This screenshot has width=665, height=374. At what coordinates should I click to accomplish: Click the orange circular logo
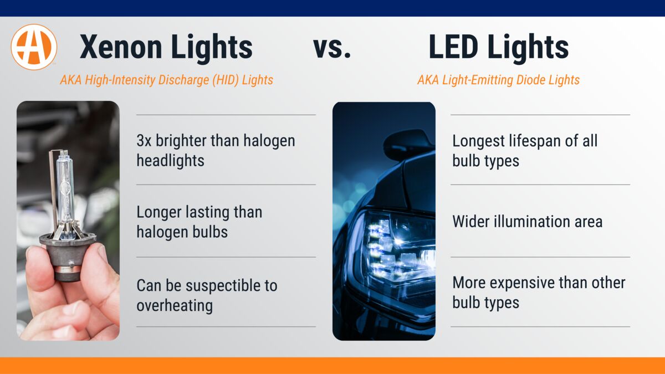click(x=34, y=47)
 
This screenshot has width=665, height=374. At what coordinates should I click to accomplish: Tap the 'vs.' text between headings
click(x=332, y=47)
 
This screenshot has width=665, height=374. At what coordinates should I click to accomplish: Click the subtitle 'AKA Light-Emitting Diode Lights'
click(x=498, y=80)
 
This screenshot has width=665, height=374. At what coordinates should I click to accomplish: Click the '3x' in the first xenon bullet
click(x=144, y=141)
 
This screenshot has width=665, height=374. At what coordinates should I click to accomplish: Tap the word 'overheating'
click(x=174, y=306)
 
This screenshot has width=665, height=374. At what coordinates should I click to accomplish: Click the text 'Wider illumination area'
click(x=527, y=222)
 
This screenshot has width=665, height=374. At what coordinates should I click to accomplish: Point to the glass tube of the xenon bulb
click(x=65, y=188)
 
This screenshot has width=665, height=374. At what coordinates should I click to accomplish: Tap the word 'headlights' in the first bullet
click(x=170, y=161)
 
